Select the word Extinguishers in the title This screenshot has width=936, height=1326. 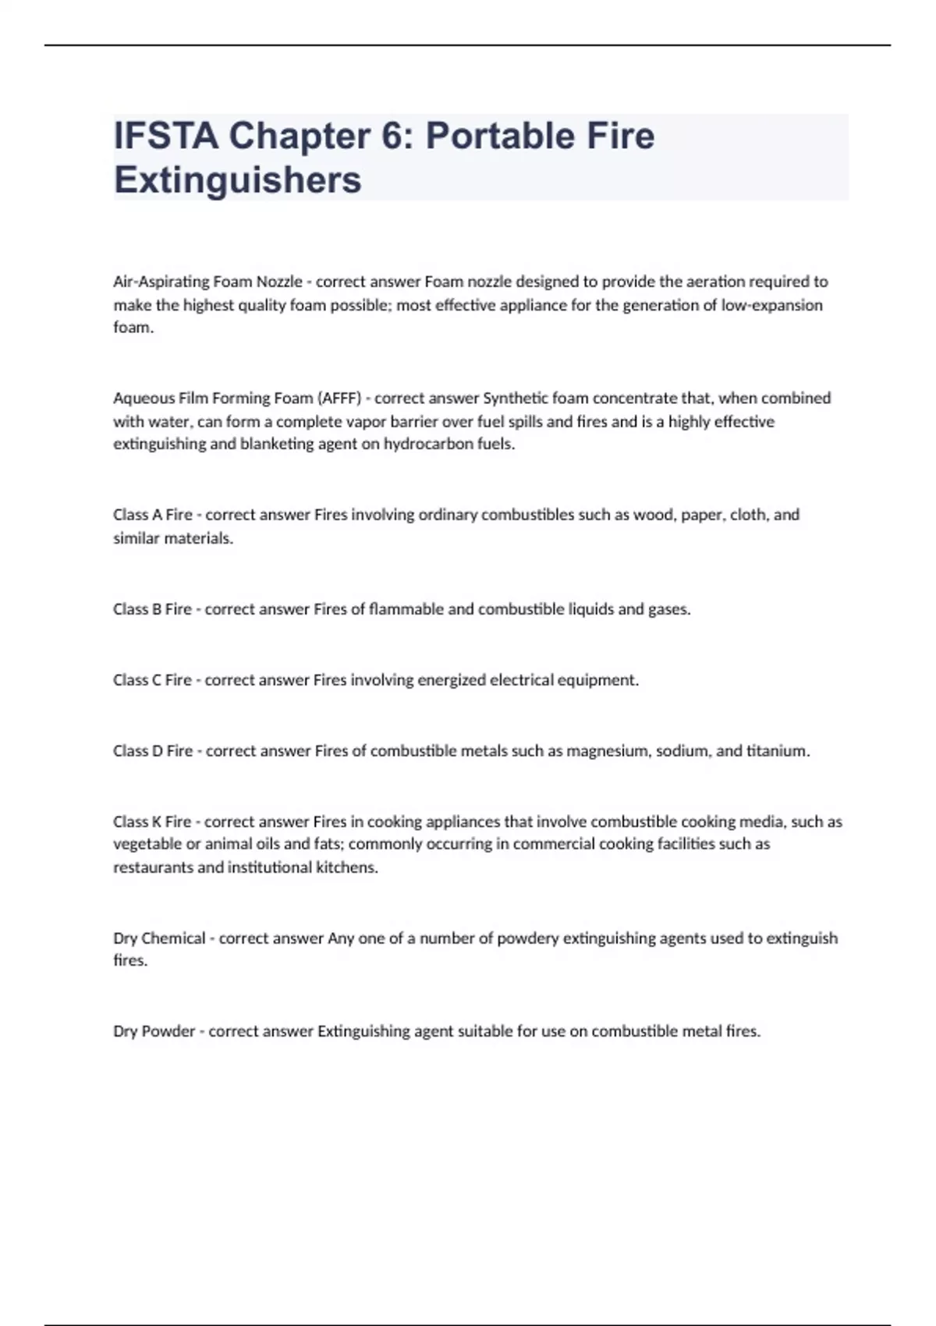[238, 179]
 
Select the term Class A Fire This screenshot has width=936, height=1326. [153, 515]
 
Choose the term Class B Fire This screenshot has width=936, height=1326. [152, 609]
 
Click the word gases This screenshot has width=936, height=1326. [669, 609]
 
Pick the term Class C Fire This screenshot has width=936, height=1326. [152, 680]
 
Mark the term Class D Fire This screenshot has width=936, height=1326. [153, 751]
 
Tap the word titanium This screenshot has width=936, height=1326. [778, 751]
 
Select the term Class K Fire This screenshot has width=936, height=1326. [152, 821]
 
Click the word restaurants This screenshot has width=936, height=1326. [153, 867]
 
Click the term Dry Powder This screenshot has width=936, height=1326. [154, 1031]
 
